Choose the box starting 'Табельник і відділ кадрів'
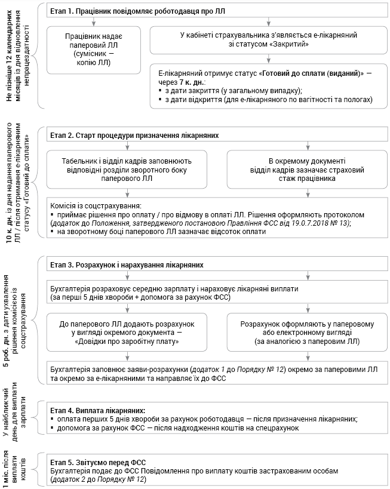(x=127, y=170)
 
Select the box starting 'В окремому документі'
(x=306, y=170)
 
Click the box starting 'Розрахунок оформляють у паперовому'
(x=306, y=332)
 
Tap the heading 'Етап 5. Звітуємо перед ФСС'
(x=98, y=462)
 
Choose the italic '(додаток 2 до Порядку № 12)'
(x=99, y=479)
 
